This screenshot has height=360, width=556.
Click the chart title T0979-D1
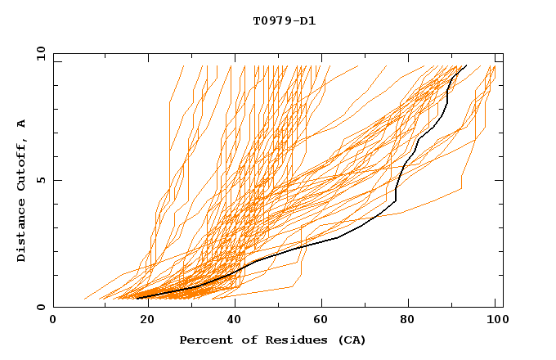point(285,21)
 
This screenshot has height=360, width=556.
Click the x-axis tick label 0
point(53,321)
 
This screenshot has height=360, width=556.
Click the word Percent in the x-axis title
point(203,340)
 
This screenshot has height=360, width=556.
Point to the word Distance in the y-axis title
point(22,231)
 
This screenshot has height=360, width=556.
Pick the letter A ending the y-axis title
point(22,123)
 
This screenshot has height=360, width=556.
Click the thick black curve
point(338,238)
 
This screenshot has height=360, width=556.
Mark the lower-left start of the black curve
point(137,298)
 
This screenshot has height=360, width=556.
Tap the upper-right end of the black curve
point(466,65)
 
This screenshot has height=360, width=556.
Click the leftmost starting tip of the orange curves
point(84,299)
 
